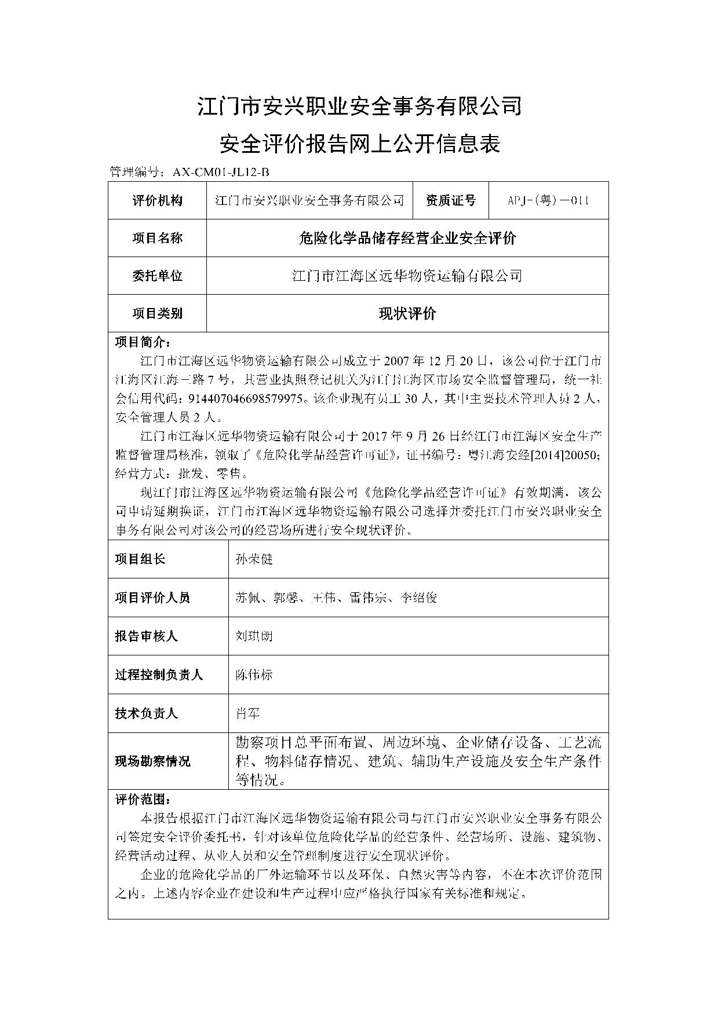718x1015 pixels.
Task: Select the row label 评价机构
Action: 157,200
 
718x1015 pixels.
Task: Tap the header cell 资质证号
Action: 450,200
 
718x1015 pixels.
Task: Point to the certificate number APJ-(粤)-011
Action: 548,200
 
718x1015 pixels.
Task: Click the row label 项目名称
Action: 157,238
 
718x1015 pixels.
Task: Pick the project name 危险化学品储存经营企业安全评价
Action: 407,238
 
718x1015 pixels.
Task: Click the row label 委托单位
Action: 157,276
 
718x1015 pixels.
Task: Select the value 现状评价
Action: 407,313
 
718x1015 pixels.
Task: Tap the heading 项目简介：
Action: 143,342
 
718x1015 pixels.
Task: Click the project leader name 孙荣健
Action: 254,559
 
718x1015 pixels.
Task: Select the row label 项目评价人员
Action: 152,598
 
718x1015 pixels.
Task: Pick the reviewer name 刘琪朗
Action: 254,636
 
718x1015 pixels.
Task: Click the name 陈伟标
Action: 254,675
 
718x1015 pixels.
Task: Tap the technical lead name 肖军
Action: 247,713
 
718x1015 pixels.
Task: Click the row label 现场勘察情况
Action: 152,761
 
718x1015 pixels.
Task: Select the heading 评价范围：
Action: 143,800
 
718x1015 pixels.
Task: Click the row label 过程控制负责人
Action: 158,675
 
